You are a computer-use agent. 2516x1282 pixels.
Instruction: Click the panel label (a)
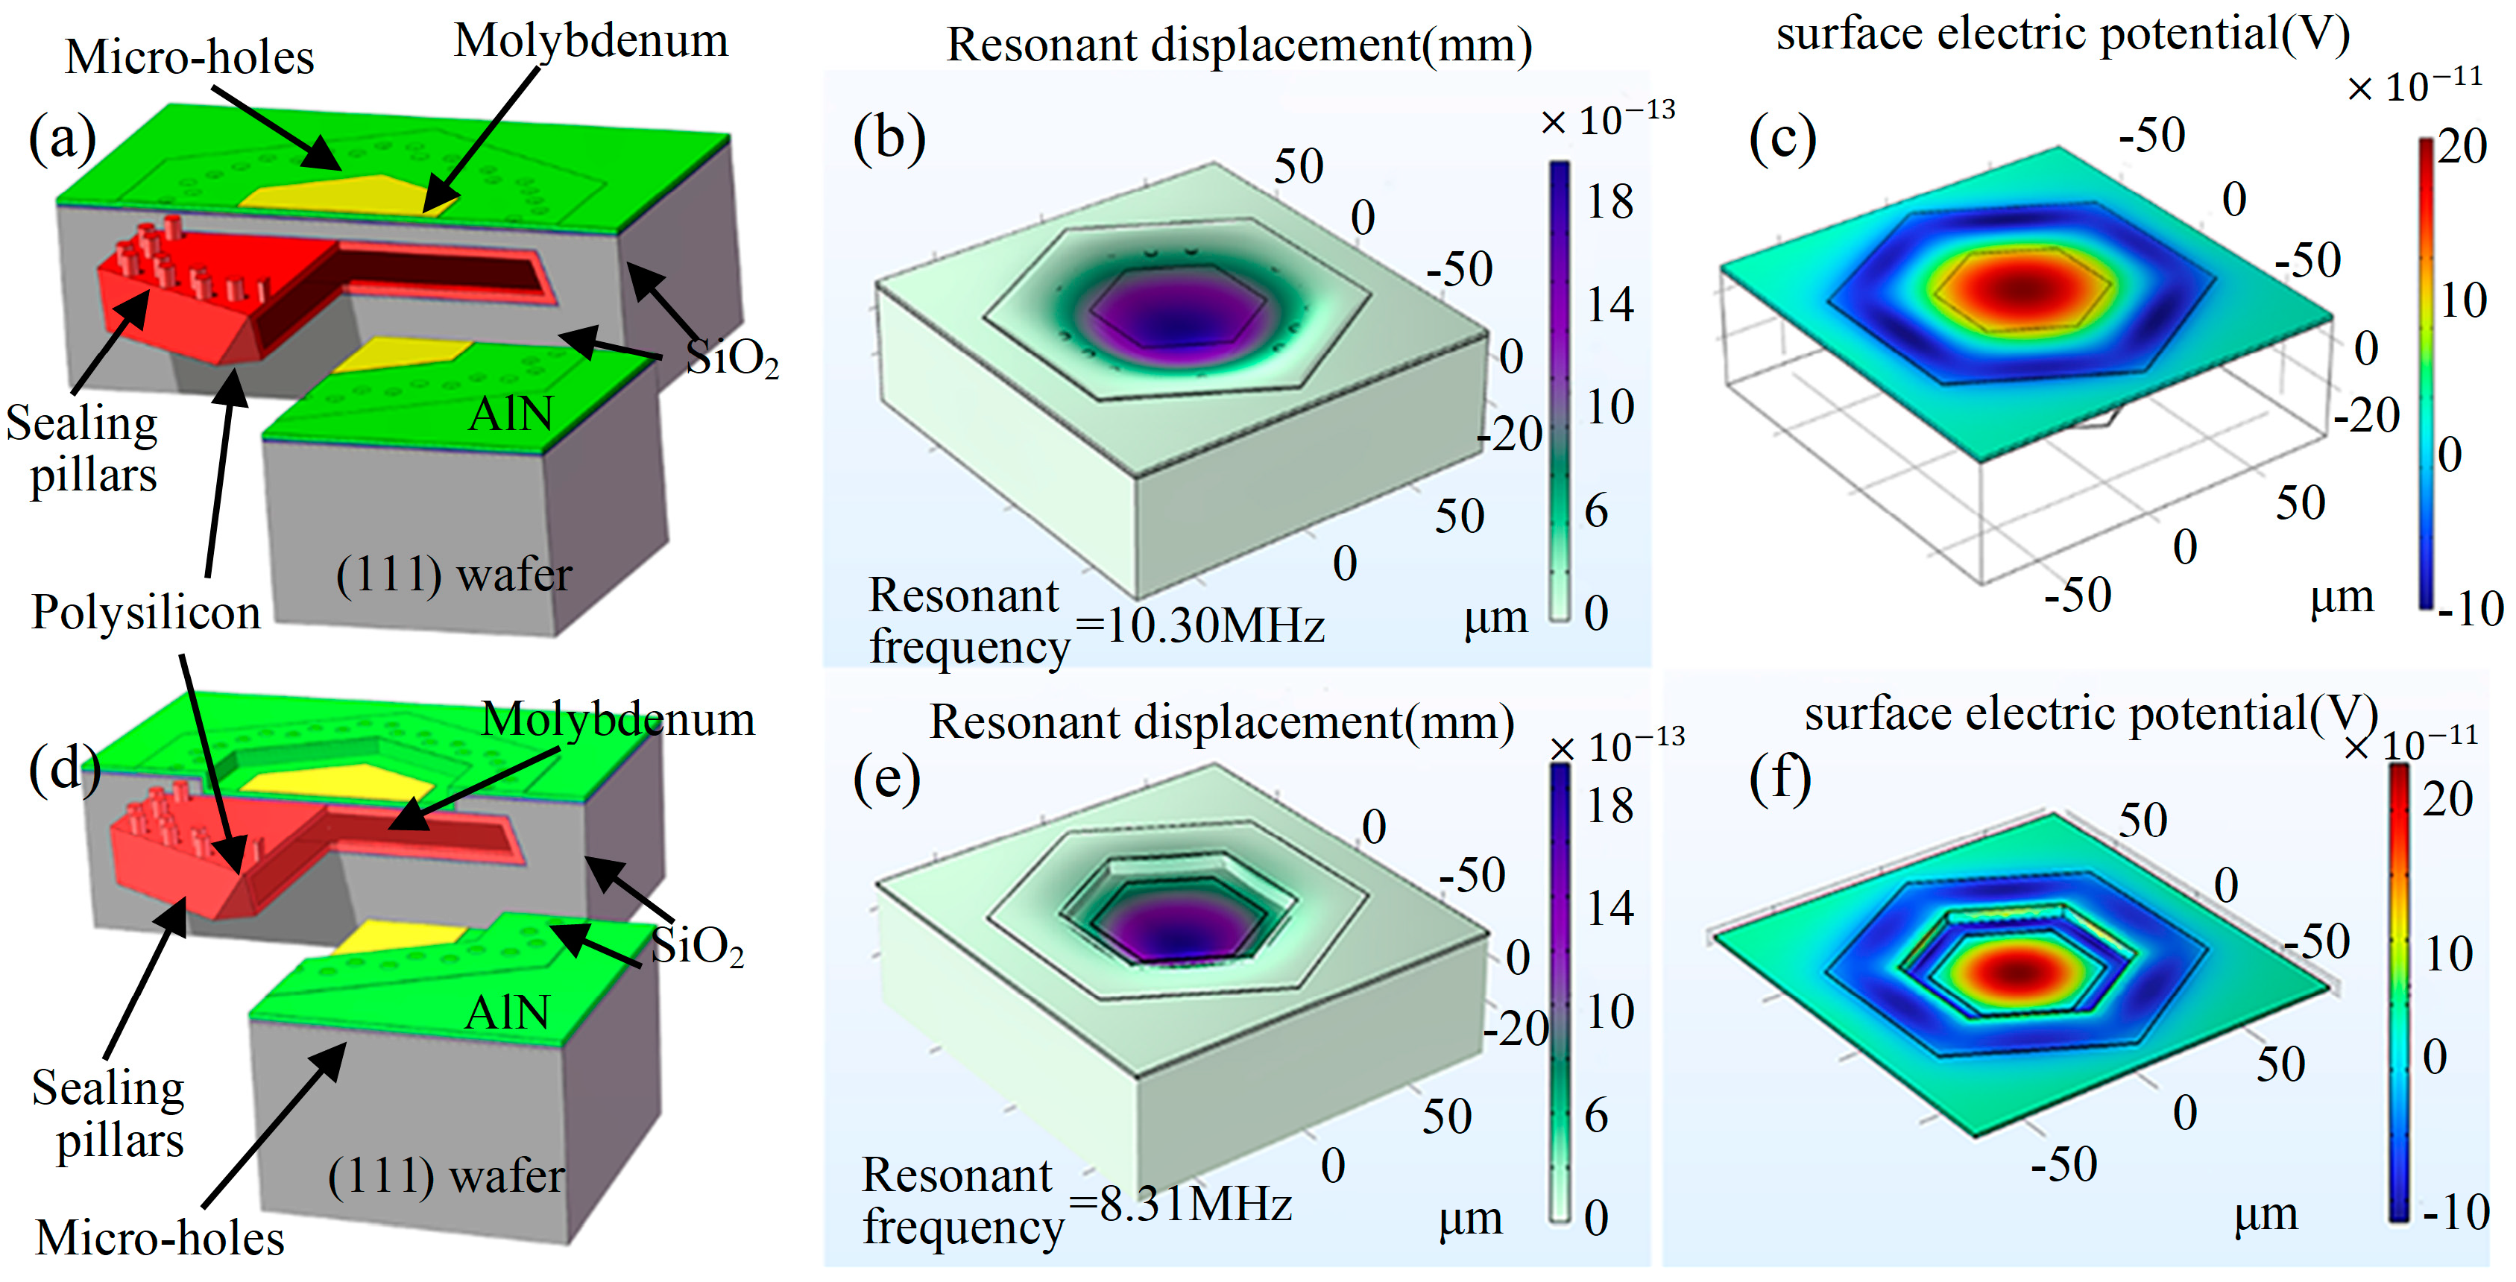[63, 138]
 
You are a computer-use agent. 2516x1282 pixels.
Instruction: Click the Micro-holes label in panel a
[189, 57]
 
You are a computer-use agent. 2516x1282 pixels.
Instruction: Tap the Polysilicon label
[147, 612]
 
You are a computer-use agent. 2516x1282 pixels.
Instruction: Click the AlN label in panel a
[511, 414]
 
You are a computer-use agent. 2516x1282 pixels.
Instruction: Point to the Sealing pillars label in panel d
[108, 1113]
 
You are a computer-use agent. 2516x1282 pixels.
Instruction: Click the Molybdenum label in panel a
[591, 41]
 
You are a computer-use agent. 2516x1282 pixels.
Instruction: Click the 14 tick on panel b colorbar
[1609, 305]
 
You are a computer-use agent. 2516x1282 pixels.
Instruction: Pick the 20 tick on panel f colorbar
[2447, 800]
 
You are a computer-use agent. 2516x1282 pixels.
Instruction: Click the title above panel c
[2062, 35]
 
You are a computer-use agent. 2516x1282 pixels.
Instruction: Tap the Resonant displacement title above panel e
[1221, 722]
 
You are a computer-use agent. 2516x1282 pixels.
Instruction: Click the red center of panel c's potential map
[2020, 288]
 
